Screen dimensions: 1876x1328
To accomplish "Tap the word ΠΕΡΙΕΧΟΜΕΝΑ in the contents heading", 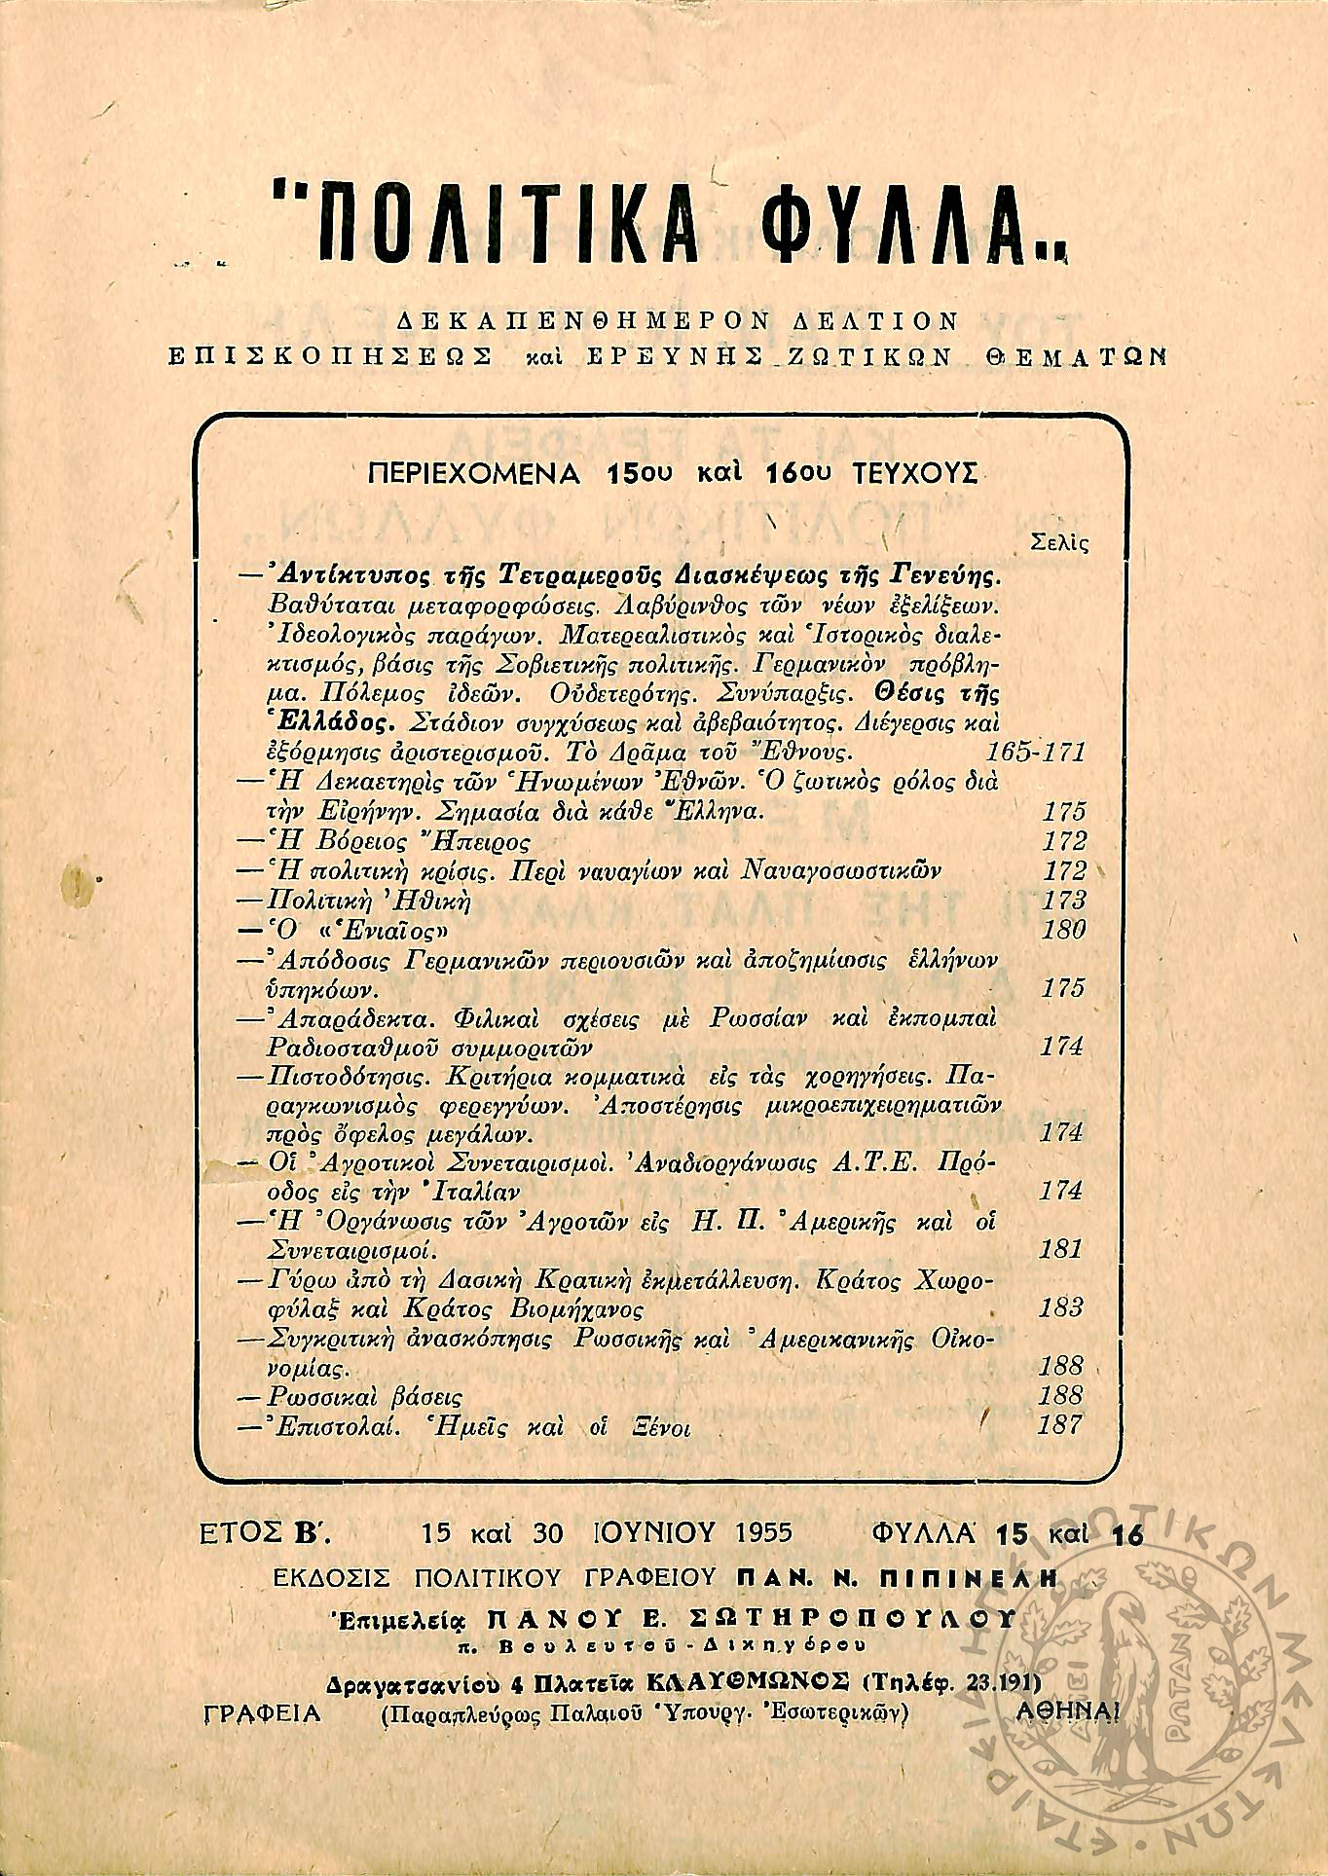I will (475, 474).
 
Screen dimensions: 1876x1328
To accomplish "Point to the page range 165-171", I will (1035, 753).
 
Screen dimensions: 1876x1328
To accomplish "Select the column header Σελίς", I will (1058, 544).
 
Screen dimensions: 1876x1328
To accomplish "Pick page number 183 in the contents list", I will (1061, 1307).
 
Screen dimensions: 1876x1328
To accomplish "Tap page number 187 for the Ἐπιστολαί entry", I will (1060, 1425).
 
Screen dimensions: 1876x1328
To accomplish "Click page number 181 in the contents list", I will (1061, 1249).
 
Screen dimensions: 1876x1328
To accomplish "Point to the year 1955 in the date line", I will (764, 1533).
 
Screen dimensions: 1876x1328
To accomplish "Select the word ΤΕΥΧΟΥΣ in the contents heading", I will (914, 474).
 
